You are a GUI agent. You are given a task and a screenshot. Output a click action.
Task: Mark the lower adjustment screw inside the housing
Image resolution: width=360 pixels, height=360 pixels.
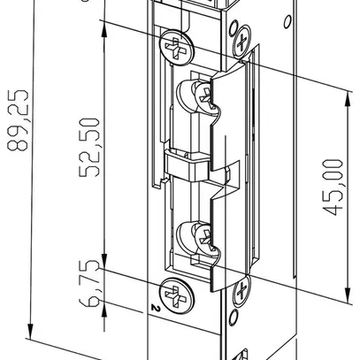pos(196,236)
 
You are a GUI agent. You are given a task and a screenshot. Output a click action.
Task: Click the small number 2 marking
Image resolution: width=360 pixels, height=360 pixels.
pos(155,309)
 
